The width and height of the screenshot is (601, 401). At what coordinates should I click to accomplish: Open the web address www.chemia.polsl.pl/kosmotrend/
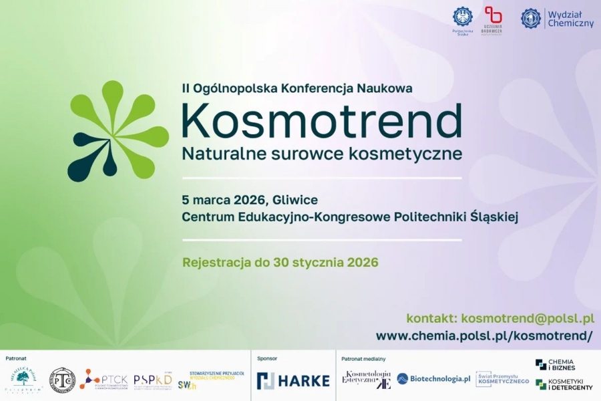coord(484,336)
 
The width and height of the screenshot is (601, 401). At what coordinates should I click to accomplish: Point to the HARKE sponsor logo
coord(293,380)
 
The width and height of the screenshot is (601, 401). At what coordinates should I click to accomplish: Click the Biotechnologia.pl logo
coord(433,379)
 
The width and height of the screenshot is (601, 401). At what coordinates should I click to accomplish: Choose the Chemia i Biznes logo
coord(554,364)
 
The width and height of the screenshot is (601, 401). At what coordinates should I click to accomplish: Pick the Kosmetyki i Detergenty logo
coord(564,384)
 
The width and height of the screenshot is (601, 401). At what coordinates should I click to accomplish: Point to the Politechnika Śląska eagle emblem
coord(461,17)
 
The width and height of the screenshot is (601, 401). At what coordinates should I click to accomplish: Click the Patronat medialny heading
coord(363,359)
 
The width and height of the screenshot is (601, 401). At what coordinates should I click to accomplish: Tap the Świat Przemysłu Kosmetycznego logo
coord(502,379)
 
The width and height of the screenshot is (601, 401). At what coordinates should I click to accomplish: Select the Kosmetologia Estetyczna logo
coord(367,379)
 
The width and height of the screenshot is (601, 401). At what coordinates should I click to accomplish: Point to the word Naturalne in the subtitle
coord(214,153)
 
